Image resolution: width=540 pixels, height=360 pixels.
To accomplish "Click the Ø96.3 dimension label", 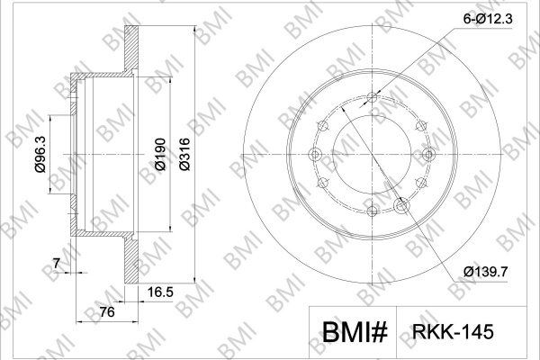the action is pos(40,154).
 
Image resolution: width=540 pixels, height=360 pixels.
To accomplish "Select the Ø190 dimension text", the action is pos(160,154).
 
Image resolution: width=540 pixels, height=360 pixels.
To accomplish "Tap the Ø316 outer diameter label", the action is pos(184,154).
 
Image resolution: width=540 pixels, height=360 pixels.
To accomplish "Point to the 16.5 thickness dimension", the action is pos(160,292).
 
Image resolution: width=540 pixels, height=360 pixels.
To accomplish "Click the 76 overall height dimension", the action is pos(107,312).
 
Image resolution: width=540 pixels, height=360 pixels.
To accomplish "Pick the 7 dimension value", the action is pos(57,264).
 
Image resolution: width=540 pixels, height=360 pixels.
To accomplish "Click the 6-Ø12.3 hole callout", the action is pos(488,19).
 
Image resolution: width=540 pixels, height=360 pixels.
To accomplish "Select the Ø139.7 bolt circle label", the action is pos(486,272).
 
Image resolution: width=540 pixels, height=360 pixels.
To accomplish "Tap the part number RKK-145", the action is pos(453,332).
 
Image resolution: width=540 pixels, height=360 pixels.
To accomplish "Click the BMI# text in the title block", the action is pos(355,332).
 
